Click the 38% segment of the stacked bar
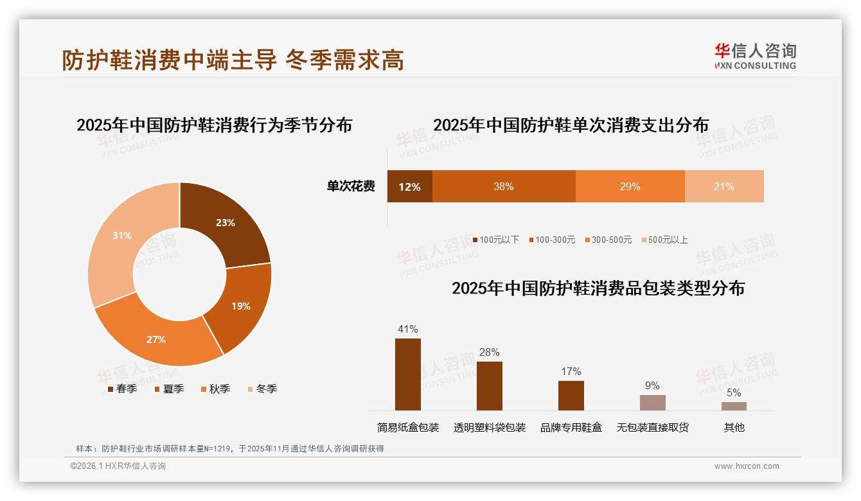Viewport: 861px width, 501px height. (504, 187)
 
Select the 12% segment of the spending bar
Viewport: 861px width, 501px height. (409, 187)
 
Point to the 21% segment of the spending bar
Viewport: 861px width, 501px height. (724, 187)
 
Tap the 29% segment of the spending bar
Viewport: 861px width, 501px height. (630, 187)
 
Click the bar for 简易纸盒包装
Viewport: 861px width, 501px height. (408, 374)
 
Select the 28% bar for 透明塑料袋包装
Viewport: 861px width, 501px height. (490, 386)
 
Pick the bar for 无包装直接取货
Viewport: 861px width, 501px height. (652, 403)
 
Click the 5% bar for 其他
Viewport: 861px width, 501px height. (734, 406)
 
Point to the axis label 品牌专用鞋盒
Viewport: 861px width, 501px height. (571, 427)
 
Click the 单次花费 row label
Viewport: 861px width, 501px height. (351, 187)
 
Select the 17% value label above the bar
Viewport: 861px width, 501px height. (571, 371)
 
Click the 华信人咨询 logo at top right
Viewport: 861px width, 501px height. (755, 57)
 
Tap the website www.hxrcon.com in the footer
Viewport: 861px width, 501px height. (747, 466)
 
